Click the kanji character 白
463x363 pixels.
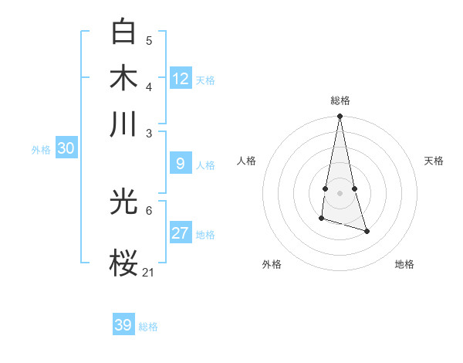pos(124,32)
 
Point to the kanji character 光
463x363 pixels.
pos(124,202)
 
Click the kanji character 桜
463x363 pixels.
pos(124,263)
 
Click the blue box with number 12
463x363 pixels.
pos(181,79)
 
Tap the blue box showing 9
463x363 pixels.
pos(181,163)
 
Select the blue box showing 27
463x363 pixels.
pos(181,233)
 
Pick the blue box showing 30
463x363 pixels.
pos(66,149)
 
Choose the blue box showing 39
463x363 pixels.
pos(123,325)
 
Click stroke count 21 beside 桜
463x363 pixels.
pos(148,272)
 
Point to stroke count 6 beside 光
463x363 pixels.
pos(149,210)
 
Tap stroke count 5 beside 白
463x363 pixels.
pos(149,40)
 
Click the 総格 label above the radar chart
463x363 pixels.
pos(340,100)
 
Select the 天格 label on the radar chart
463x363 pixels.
pos(434,161)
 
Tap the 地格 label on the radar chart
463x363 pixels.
pos(404,264)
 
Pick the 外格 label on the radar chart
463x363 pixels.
pos(272,264)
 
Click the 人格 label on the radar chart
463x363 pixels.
pos(247,161)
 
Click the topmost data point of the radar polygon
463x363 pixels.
pos(340,117)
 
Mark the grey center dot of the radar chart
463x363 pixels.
pos(340,192)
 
